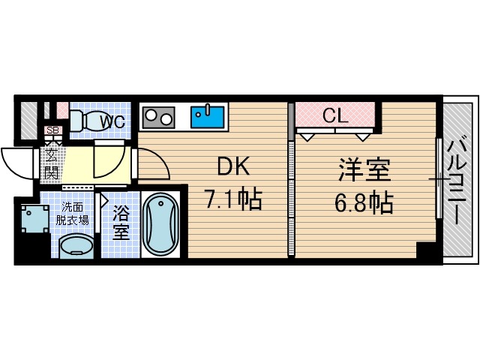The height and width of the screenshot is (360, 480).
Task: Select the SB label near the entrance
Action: pos(52,131)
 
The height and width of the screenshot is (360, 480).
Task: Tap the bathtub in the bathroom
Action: pos(160,224)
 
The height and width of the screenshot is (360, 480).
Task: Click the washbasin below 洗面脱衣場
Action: pos(75,246)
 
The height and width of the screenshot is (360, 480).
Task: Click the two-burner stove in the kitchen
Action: pos(158,116)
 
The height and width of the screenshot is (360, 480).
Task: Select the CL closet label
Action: pos(334,115)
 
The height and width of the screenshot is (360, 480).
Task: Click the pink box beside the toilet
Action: pos(62,110)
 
